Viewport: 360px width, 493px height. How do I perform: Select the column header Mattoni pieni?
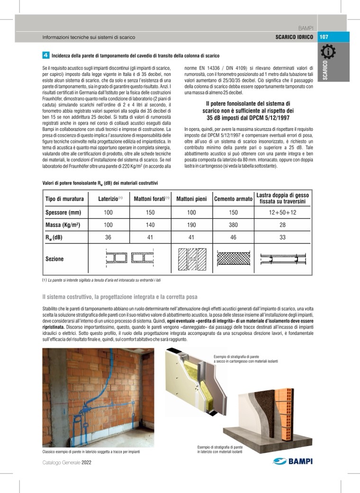pos(191,199)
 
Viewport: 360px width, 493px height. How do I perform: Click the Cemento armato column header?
pos(233,199)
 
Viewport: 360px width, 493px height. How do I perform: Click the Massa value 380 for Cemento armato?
pos(233,224)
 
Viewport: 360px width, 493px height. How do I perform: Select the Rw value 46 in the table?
pos(233,237)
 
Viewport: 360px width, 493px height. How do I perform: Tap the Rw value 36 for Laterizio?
pos(108,237)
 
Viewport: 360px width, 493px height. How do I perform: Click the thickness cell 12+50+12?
pos(282,213)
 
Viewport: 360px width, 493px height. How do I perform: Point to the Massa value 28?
pos(282,224)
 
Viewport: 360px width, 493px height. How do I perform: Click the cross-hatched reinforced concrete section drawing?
pos(233,259)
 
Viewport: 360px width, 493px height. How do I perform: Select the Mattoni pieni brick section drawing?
pos(191,259)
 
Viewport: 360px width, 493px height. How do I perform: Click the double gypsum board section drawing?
pos(282,259)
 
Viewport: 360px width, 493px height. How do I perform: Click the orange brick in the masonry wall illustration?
pos(284,407)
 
